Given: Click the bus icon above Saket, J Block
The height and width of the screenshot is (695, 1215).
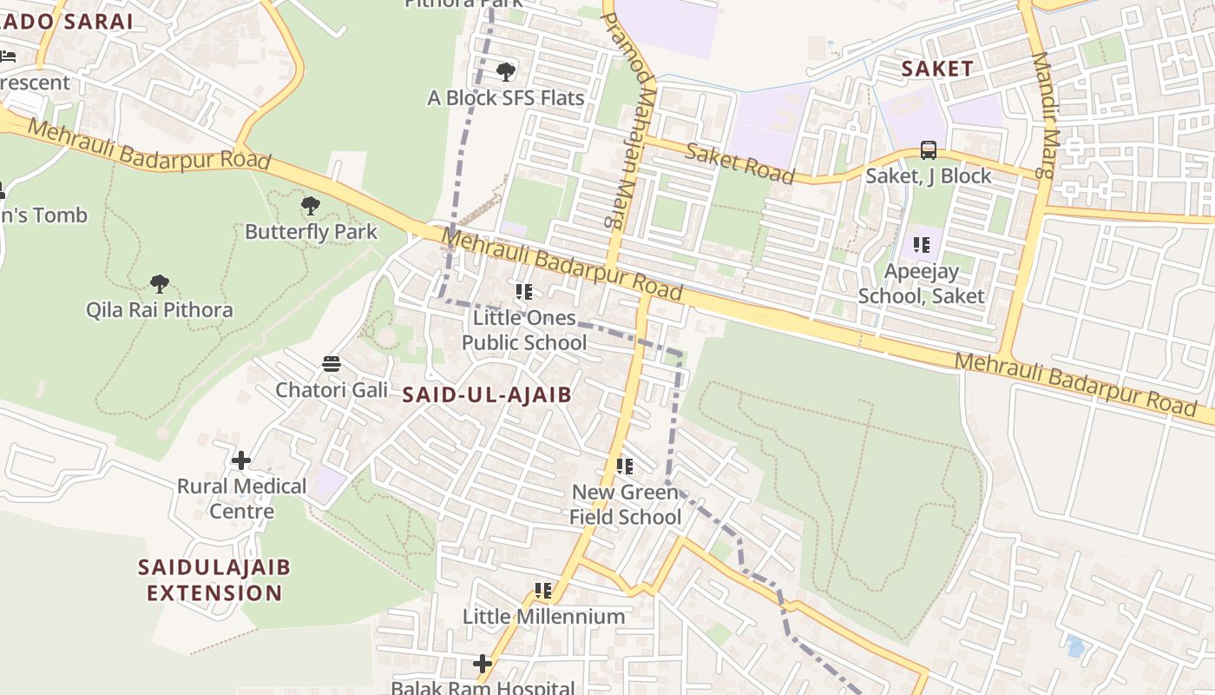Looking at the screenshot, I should coord(928,150).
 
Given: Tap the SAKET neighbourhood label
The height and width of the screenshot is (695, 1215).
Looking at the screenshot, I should coord(937,69).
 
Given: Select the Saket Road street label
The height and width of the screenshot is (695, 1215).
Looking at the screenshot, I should coord(739,164).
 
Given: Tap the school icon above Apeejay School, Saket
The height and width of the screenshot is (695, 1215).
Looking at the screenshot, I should coord(921,245).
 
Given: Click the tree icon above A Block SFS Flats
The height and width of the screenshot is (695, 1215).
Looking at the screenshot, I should coord(506,71).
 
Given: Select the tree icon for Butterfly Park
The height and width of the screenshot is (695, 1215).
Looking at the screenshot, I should coord(311,206).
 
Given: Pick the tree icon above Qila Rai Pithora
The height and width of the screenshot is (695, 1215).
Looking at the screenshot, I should coord(159,283).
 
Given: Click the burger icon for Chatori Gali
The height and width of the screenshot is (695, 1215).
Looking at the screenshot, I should coord(332,363).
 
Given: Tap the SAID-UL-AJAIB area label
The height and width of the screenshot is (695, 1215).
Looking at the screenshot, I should coord(487,395).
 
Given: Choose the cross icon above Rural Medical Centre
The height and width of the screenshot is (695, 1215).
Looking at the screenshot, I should coord(241,460).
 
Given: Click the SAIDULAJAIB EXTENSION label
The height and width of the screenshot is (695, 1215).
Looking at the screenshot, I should coord(214,580).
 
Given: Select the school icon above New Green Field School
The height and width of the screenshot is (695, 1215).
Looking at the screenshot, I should coord(625,467).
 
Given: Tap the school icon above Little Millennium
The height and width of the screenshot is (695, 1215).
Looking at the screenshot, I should coord(543,591).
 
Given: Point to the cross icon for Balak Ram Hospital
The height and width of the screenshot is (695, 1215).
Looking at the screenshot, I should coord(483,664).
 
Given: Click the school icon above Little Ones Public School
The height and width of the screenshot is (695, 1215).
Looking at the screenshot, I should coord(523,292).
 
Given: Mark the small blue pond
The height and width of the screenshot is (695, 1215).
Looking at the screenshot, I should coord(1075,646).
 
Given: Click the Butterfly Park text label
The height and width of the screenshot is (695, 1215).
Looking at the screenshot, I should coord(311,232).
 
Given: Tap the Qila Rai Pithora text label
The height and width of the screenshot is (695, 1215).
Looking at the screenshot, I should coord(160,310).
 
